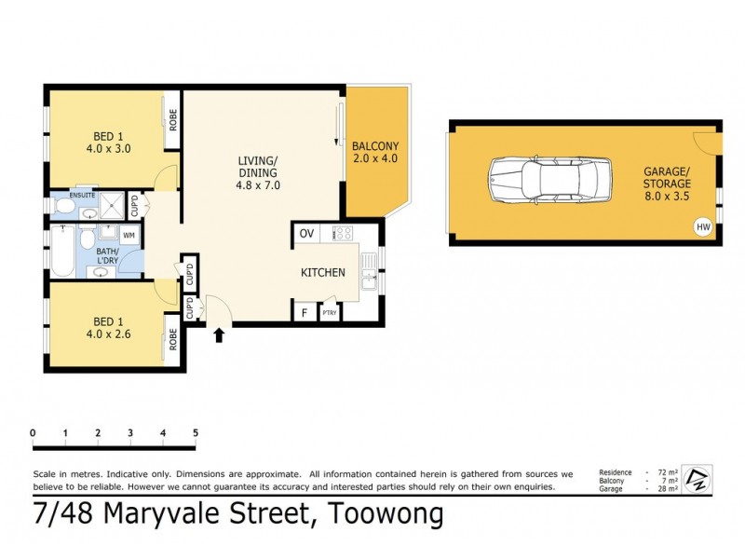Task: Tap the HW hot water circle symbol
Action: pyautogui.click(x=701, y=226)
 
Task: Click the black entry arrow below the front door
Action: pyautogui.click(x=220, y=334)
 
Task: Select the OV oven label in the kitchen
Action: pyautogui.click(x=306, y=233)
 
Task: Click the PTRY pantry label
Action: pyautogui.click(x=329, y=314)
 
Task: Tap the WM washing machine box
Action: pyautogui.click(x=129, y=235)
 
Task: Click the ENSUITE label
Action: pyautogui.click(x=69, y=195)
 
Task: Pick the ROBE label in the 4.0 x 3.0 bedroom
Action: pyautogui.click(x=173, y=120)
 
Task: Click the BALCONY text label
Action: pyautogui.click(x=375, y=146)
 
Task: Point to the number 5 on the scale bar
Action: pyautogui.click(x=196, y=433)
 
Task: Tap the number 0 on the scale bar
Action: pyautogui.click(x=33, y=433)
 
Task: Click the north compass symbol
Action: pyautogui.click(x=697, y=480)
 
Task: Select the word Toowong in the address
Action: pyautogui.click(x=384, y=513)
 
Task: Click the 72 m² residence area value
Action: pyautogui.click(x=661, y=472)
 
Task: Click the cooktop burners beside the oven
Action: pyautogui.click(x=341, y=233)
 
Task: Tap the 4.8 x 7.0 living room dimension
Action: pyautogui.click(x=259, y=185)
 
